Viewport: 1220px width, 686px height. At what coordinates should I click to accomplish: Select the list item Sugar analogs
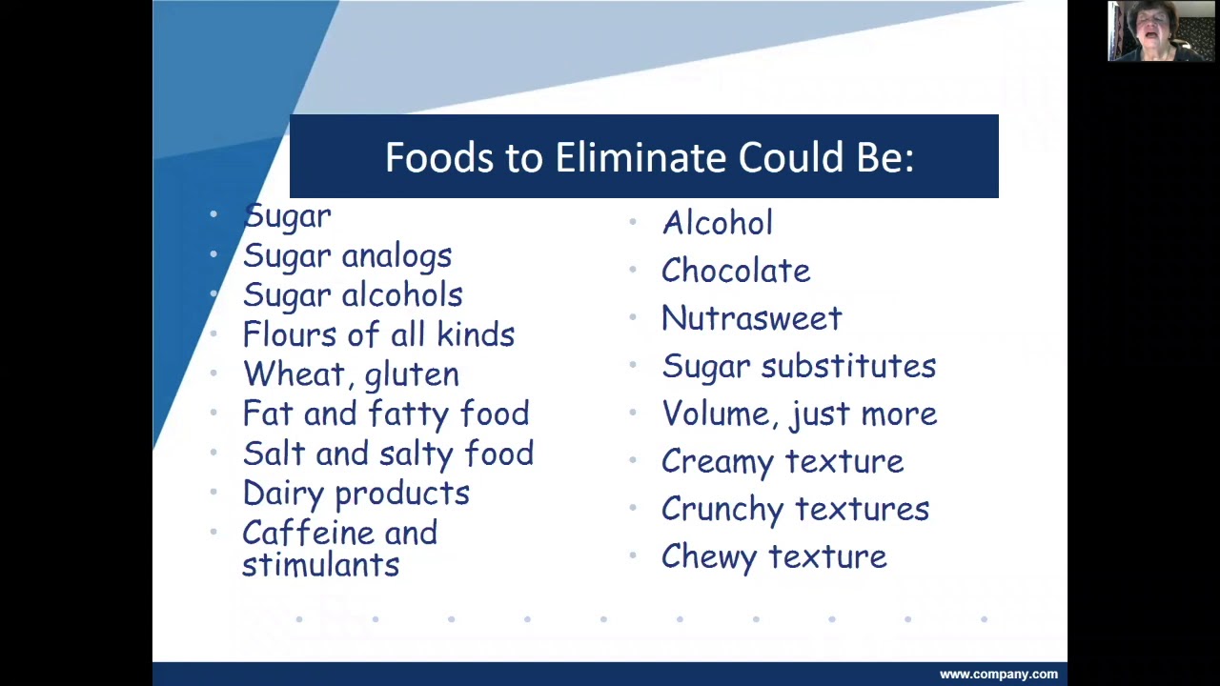(347, 256)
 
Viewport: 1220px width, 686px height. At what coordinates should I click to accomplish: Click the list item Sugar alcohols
(353, 295)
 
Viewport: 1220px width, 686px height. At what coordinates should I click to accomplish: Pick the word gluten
(411, 375)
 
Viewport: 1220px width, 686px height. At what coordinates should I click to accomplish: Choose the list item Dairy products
(356, 494)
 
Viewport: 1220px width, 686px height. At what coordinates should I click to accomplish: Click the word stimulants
(320, 565)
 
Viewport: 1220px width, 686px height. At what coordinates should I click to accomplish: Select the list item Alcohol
(717, 223)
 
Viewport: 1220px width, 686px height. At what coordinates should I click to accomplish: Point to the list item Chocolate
(736, 271)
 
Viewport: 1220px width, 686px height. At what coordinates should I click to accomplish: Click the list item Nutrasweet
(751, 318)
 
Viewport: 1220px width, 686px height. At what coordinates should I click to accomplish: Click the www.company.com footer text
(998, 675)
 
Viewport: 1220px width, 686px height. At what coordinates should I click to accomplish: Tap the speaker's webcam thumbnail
(1161, 31)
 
